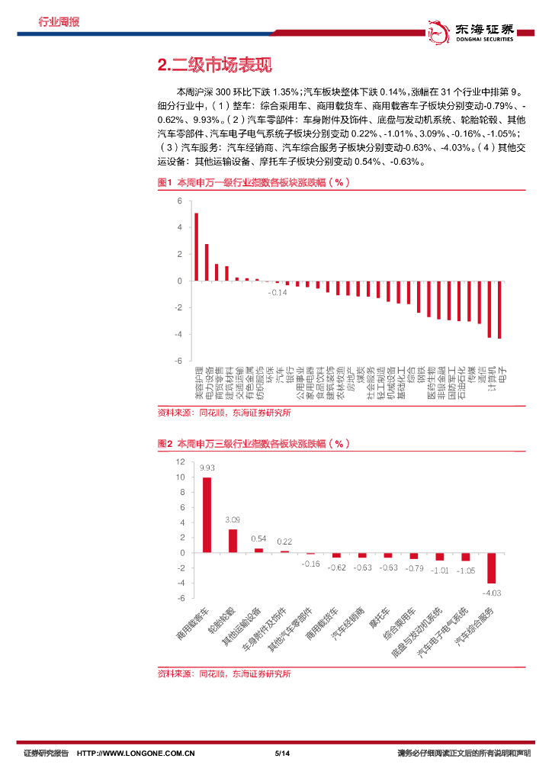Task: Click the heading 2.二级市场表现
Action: pyautogui.click(x=214, y=65)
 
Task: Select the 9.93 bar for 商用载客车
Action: pyautogui.click(x=207, y=515)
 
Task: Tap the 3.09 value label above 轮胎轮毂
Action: pyautogui.click(x=233, y=519)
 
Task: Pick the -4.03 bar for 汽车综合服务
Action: pyautogui.click(x=492, y=568)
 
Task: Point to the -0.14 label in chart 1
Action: pyautogui.click(x=278, y=292)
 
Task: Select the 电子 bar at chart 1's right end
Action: pyautogui.click(x=499, y=309)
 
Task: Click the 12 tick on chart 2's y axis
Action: pyautogui.click(x=180, y=462)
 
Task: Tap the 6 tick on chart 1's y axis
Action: pyautogui.click(x=180, y=201)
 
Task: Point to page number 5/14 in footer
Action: pyautogui.click(x=282, y=754)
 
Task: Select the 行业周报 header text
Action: pyautogui.click(x=59, y=21)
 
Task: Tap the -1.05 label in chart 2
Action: pyautogui.click(x=466, y=570)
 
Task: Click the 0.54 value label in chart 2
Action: pyautogui.click(x=258, y=538)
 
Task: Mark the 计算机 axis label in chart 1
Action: pyautogui.click(x=491, y=379)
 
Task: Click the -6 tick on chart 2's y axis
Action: pyautogui.click(x=180, y=598)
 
